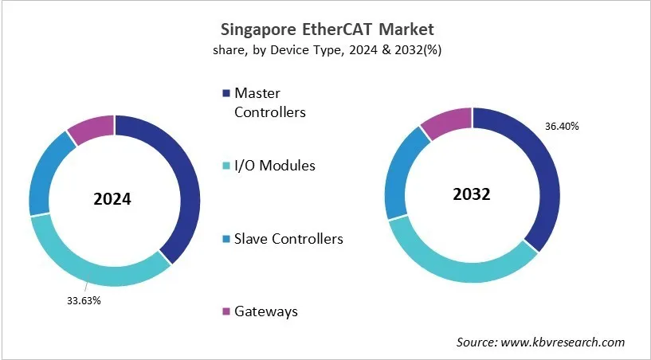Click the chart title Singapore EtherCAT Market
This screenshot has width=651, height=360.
[327, 30]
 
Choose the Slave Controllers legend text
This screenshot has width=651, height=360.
[288, 238]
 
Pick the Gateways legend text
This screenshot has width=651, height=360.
[265, 311]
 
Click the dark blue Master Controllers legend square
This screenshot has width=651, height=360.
[226, 95]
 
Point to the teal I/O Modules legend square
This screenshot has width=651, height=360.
[226, 166]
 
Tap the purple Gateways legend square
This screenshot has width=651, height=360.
[226, 311]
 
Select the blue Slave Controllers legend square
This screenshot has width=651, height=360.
[226, 239]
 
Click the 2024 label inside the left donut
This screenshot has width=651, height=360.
[112, 200]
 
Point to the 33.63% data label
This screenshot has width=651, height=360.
[84, 300]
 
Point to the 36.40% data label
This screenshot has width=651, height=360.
[562, 126]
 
